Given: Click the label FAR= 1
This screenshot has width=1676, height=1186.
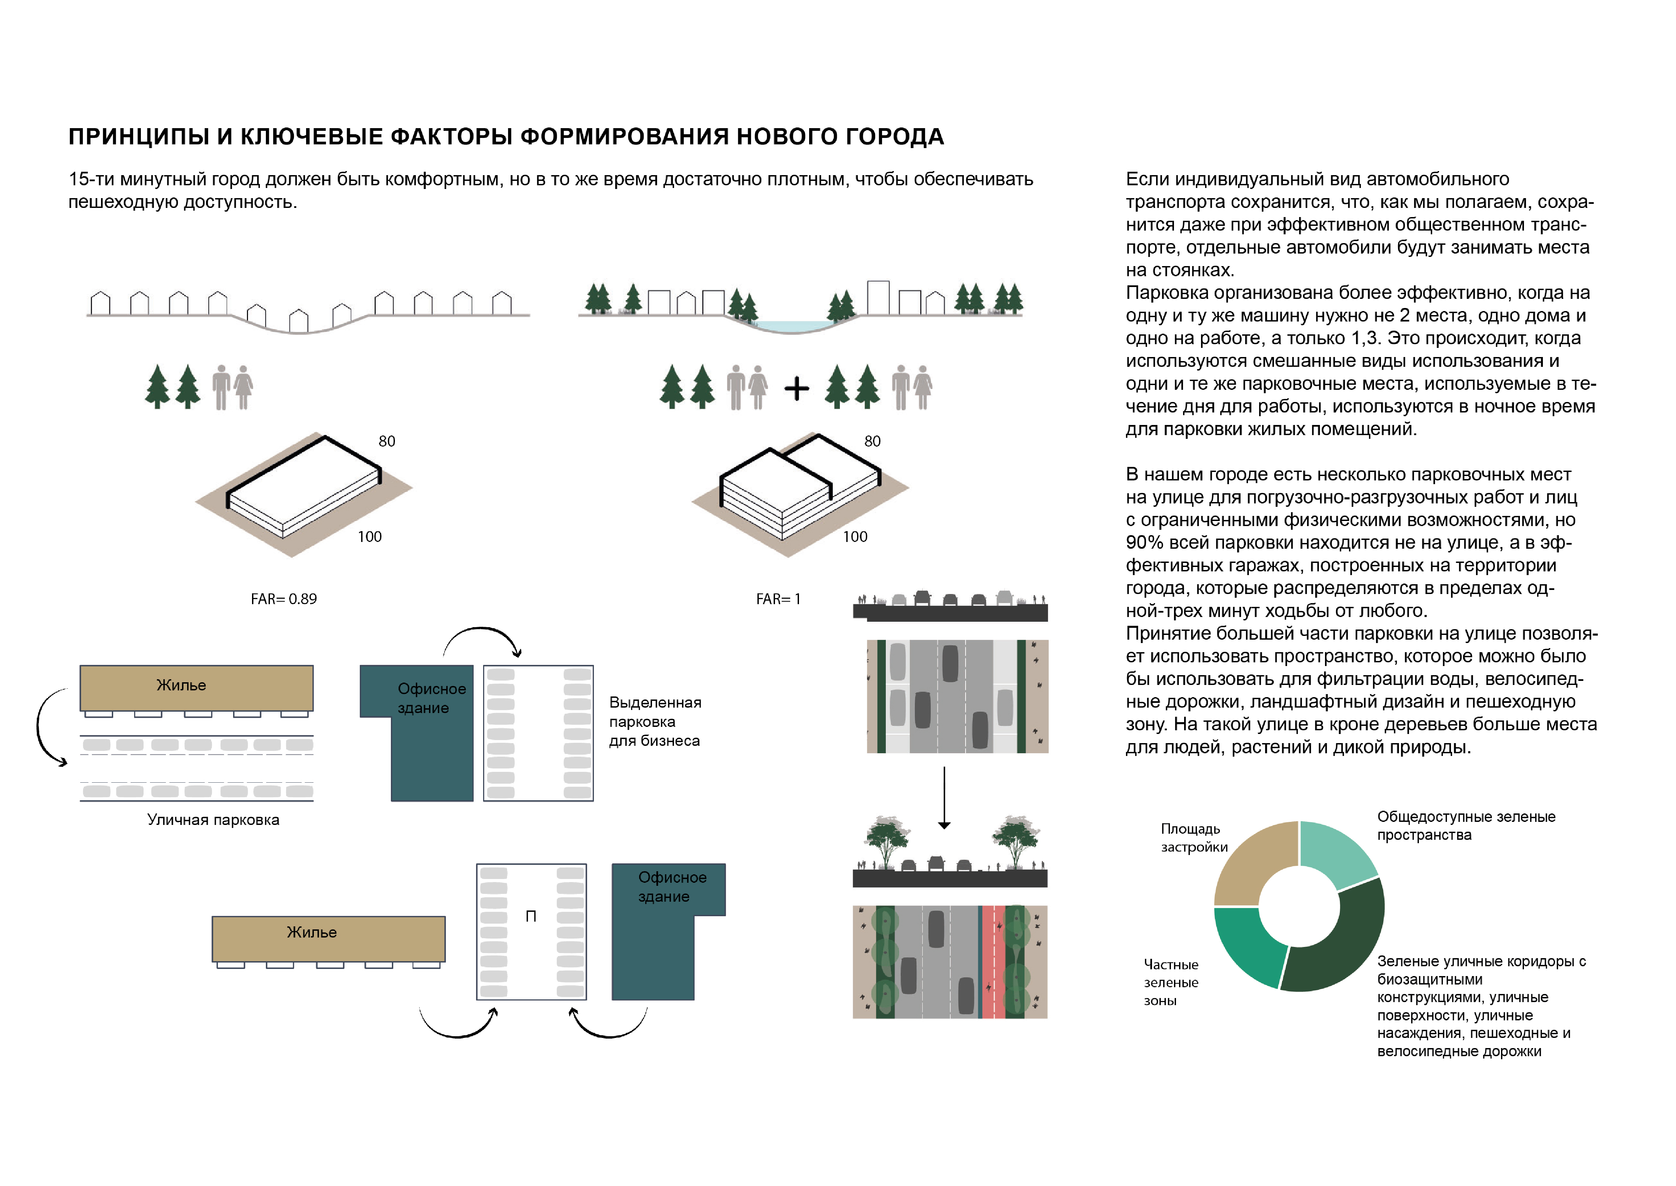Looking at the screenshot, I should pos(778,599).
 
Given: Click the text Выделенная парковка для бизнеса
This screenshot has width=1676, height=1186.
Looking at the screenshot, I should pos(655,721).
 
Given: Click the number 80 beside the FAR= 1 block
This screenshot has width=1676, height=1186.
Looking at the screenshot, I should pos(872,441).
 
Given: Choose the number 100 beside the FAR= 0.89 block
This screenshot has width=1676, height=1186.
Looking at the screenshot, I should pos(369,537).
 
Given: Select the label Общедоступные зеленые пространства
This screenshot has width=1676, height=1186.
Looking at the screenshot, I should pos(1466,825).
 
